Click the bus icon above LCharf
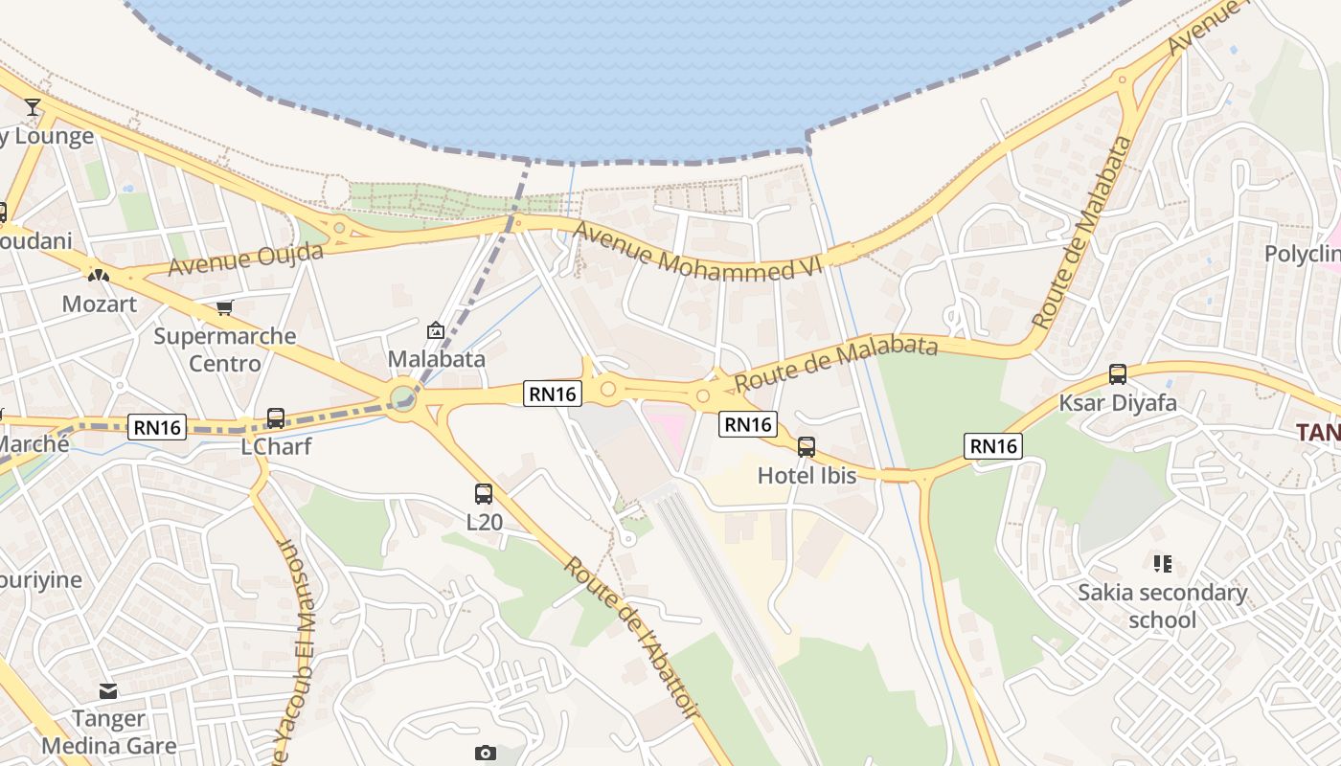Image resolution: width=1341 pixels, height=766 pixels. point(276,418)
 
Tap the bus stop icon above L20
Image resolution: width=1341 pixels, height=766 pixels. point(484,494)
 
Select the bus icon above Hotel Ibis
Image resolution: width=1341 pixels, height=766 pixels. point(807,447)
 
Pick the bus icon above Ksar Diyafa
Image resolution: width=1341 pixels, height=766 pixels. point(1117,374)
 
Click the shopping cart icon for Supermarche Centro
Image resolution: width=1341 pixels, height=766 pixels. point(224,307)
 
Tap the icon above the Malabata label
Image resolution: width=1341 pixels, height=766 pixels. point(436,330)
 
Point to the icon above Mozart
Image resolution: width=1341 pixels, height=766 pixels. point(98,275)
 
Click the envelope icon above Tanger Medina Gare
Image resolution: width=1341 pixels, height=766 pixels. point(108,690)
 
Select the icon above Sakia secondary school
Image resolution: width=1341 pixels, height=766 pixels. point(1163,564)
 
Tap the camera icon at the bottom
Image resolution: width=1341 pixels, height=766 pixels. point(486,753)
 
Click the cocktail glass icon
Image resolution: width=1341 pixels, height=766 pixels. point(34,106)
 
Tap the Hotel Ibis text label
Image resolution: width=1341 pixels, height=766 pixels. point(807,475)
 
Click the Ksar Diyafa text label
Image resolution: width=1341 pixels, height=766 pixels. point(1117,402)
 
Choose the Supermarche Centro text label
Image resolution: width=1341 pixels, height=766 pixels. point(225,349)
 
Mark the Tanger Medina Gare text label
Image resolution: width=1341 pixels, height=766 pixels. point(108,732)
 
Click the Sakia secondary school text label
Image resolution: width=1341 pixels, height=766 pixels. point(1163,606)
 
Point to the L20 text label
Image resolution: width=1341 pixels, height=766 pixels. point(484,522)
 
